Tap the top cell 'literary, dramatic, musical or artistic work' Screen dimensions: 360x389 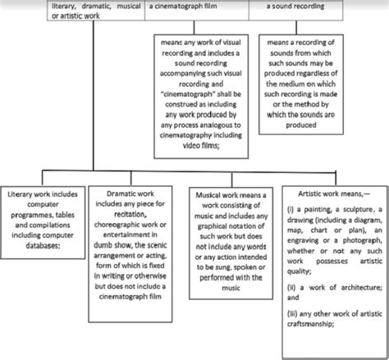click(72, 11)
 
